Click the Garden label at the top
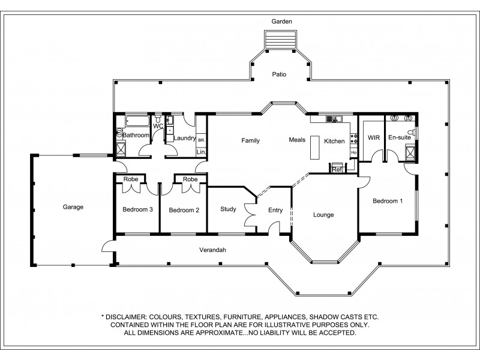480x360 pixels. click(281, 22)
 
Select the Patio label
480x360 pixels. click(278, 75)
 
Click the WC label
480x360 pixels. click(158, 127)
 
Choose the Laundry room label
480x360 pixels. click(184, 138)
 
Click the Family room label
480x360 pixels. click(250, 141)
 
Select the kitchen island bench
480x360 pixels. click(315, 148)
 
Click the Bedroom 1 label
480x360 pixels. click(387, 201)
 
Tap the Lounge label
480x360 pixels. click(323, 215)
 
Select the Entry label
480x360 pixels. click(275, 210)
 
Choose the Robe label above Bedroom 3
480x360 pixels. click(131, 179)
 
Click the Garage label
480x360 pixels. click(73, 207)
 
